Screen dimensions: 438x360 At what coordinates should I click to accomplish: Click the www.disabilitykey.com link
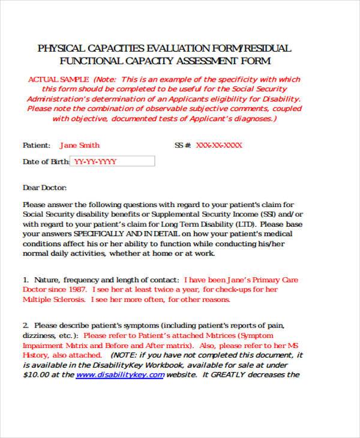(120, 375)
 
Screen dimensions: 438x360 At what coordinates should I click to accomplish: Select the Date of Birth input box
(112, 161)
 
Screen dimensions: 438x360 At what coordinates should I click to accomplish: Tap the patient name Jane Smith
(80, 145)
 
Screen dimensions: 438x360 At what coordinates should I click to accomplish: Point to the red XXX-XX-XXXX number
(219, 145)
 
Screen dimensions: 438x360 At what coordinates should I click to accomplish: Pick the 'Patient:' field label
(37, 145)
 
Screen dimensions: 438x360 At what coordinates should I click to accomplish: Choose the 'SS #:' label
(182, 145)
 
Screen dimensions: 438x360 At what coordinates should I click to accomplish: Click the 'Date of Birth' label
(46, 161)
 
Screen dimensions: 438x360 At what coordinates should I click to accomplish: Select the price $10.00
(35, 375)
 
